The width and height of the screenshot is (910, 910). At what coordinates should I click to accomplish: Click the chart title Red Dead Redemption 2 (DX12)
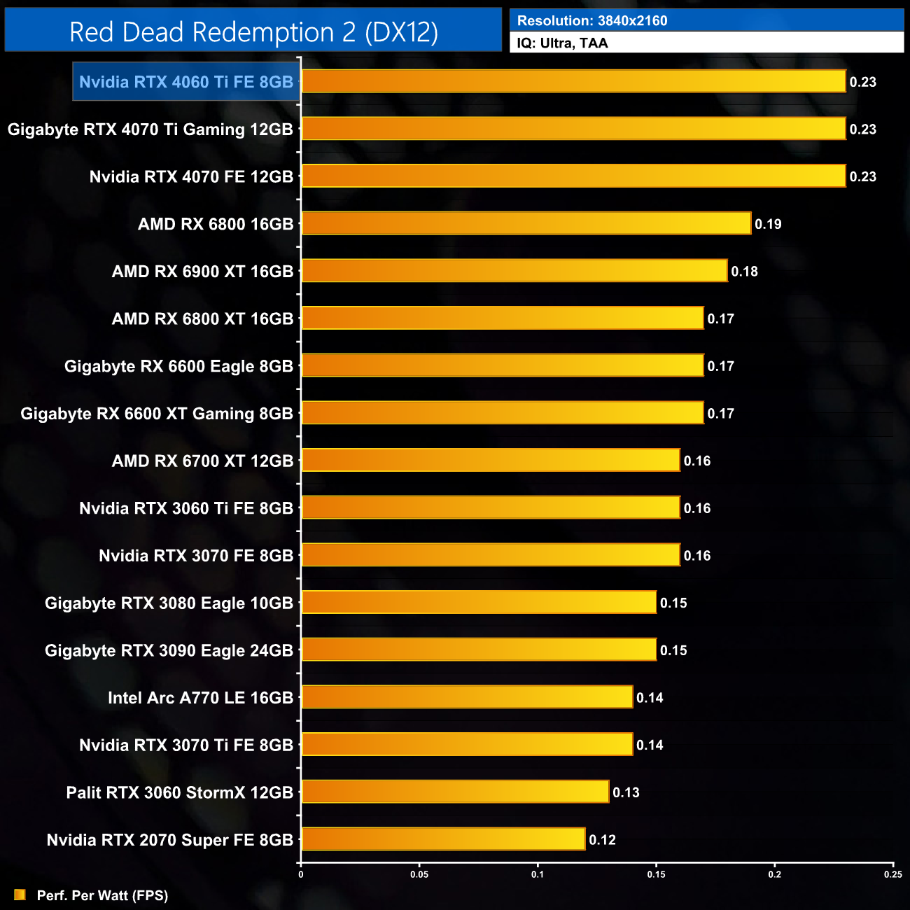253,32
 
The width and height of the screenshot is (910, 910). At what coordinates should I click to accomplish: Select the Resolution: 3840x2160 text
592,20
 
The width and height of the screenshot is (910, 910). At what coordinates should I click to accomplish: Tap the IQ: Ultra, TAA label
562,43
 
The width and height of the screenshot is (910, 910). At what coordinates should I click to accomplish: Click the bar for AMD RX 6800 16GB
526,223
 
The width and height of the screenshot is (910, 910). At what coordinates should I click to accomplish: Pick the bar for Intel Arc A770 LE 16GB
467,697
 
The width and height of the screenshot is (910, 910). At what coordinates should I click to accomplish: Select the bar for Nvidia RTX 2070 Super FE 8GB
443,839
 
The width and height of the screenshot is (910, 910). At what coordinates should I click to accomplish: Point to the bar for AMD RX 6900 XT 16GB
514,271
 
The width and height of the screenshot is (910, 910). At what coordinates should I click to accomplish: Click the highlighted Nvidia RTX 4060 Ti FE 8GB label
186,82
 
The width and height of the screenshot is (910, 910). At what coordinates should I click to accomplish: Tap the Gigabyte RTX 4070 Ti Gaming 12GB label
150,129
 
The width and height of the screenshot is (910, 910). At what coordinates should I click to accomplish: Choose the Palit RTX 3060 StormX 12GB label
180,792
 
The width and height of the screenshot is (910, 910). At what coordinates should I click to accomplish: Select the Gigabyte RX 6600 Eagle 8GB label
178,366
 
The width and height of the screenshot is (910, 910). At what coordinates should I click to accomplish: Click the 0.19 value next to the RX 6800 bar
768,224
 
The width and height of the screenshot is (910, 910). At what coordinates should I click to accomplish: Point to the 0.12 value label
602,840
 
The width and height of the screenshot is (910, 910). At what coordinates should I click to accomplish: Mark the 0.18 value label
744,272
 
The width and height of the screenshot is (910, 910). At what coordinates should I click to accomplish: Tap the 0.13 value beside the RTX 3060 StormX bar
626,792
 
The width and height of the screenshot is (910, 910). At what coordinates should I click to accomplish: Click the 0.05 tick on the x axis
419,874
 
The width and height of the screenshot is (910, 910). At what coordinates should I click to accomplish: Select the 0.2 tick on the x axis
775,874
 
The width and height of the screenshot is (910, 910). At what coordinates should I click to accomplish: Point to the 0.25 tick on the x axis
893,874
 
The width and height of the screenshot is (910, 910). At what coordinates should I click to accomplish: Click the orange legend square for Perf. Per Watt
20,895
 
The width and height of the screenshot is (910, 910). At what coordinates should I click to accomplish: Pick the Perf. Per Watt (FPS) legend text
102,895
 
